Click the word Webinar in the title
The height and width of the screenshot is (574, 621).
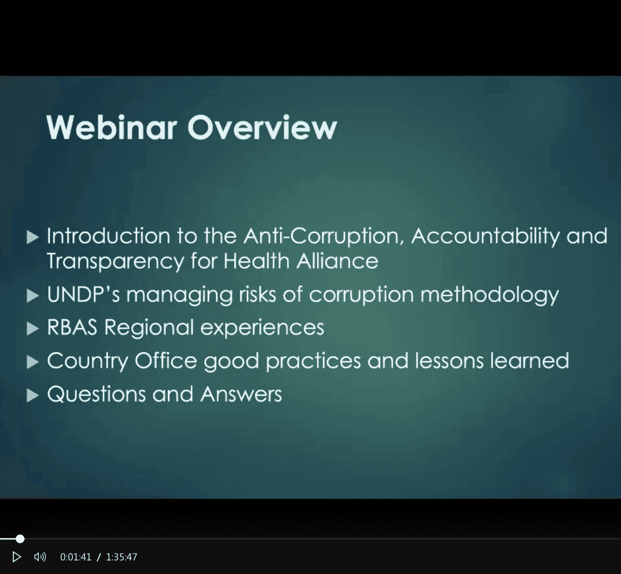point(112,127)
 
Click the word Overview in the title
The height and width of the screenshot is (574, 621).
point(262,127)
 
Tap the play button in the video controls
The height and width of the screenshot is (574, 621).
point(16,556)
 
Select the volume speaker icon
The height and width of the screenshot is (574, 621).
point(40,556)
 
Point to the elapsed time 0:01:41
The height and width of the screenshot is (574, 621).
point(76,557)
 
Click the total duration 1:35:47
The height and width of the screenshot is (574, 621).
point(121,557)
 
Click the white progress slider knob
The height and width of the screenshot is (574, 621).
point(20,538)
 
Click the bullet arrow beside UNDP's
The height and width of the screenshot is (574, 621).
point(33,295)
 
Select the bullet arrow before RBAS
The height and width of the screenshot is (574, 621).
point(33,329)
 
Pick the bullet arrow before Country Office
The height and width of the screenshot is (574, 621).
point(33,362)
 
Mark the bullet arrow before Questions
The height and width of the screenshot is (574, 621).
point(33,396)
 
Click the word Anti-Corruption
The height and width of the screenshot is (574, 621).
point(325,237)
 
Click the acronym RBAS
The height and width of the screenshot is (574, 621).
point(72,328)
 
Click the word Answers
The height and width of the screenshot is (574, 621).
point(241,394)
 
